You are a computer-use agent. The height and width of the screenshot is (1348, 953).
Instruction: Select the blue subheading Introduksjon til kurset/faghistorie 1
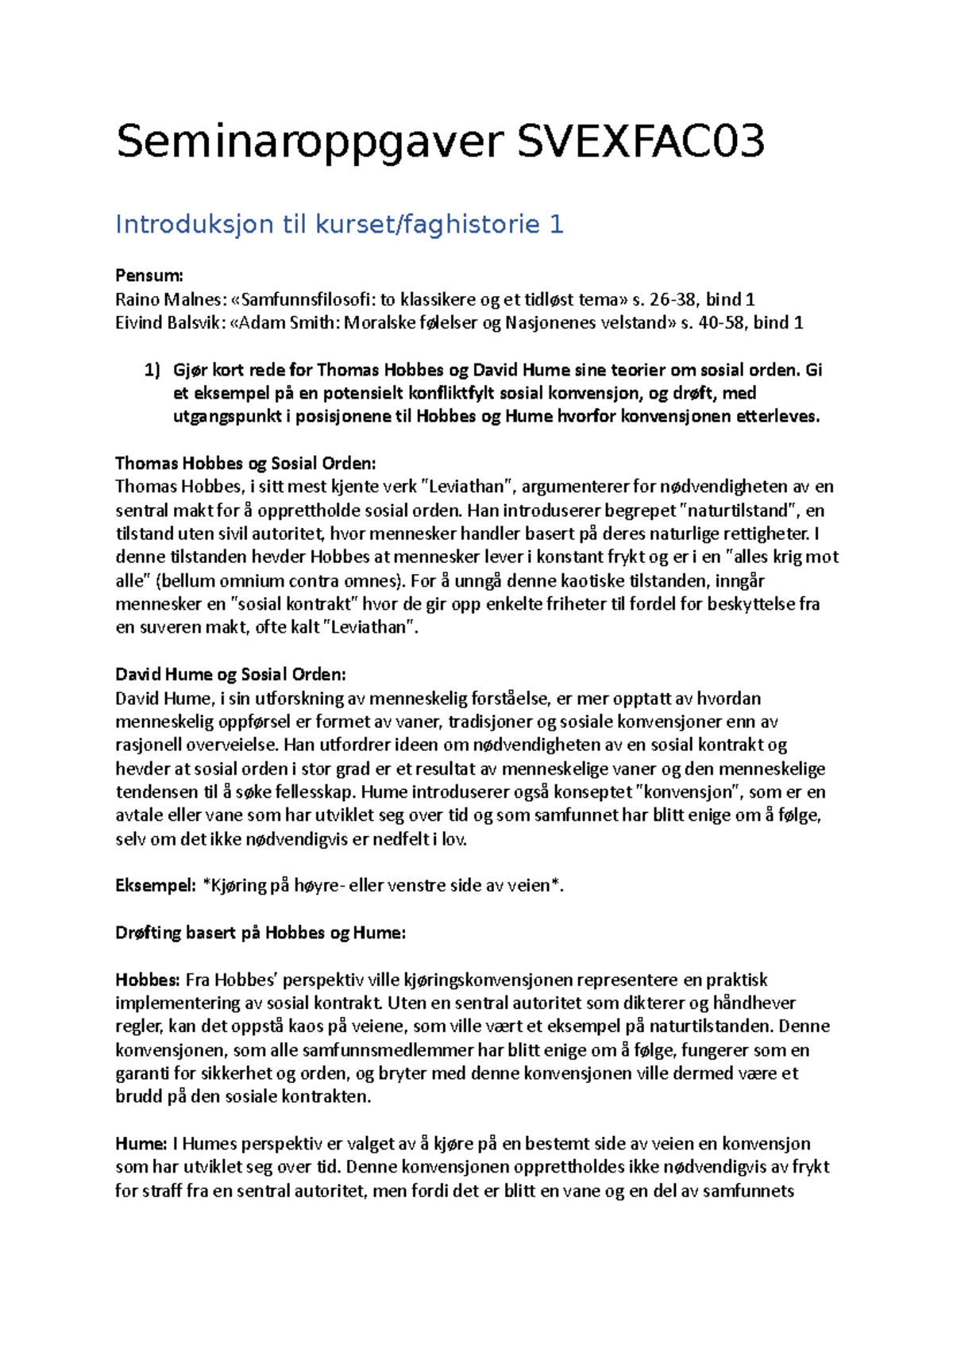click(339, 225)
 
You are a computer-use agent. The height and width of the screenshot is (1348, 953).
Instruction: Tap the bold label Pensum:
click(149, 275)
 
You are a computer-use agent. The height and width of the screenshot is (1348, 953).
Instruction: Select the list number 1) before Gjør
click(152, 370)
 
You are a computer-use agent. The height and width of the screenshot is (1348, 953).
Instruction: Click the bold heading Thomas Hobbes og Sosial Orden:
click(245, 463)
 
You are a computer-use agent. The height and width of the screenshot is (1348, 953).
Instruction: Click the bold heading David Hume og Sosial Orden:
click(230, 674)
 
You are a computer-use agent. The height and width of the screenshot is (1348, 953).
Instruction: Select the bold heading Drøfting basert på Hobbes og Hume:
click(260, 933)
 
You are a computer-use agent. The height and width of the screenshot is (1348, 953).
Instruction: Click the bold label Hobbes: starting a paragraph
click(148, 980)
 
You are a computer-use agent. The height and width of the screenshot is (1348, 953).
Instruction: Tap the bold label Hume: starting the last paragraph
click(141, 1144)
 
